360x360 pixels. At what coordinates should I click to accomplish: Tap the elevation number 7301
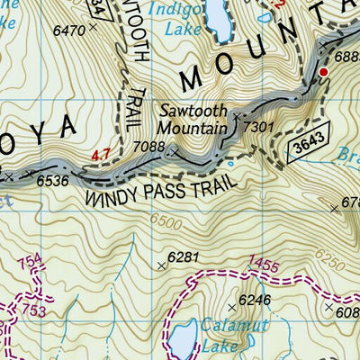tap(258, 128)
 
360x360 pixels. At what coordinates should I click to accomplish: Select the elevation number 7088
tap(148, 146)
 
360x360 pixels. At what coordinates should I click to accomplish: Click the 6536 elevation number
tap(52, 180)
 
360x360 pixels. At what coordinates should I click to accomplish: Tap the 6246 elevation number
tap(255, 300)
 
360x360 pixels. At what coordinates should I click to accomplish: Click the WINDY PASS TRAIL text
tap(160, 188)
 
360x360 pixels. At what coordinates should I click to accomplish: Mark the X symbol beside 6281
tap(162, 265)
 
